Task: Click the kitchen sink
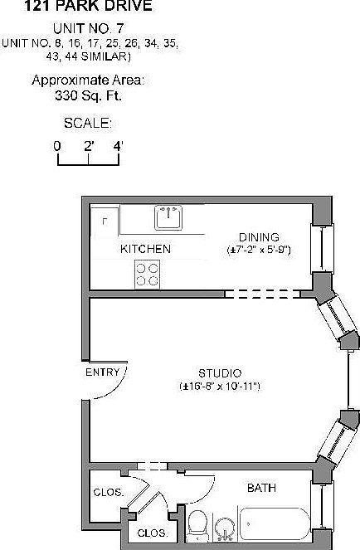click(168, 217)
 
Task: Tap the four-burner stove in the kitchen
click(148, 275)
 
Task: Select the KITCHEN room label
click(145, 249)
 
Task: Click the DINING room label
click(259, 237)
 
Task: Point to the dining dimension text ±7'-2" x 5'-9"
click(259, 250)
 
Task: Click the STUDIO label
click(220, 373)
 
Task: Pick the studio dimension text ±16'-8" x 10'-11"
click(220, 387)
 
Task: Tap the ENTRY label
click(103, 372)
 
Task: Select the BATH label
click(261, 488)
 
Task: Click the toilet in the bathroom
click(197, 525)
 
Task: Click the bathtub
click(275, 523)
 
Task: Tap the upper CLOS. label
click(109, 493)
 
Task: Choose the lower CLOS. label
click(153, 533)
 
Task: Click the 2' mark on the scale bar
click(89, 146)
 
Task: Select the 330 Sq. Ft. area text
click(88, 95)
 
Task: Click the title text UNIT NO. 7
click(89, 28)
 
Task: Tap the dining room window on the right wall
click(322, 248)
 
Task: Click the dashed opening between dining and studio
click(262, 294)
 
